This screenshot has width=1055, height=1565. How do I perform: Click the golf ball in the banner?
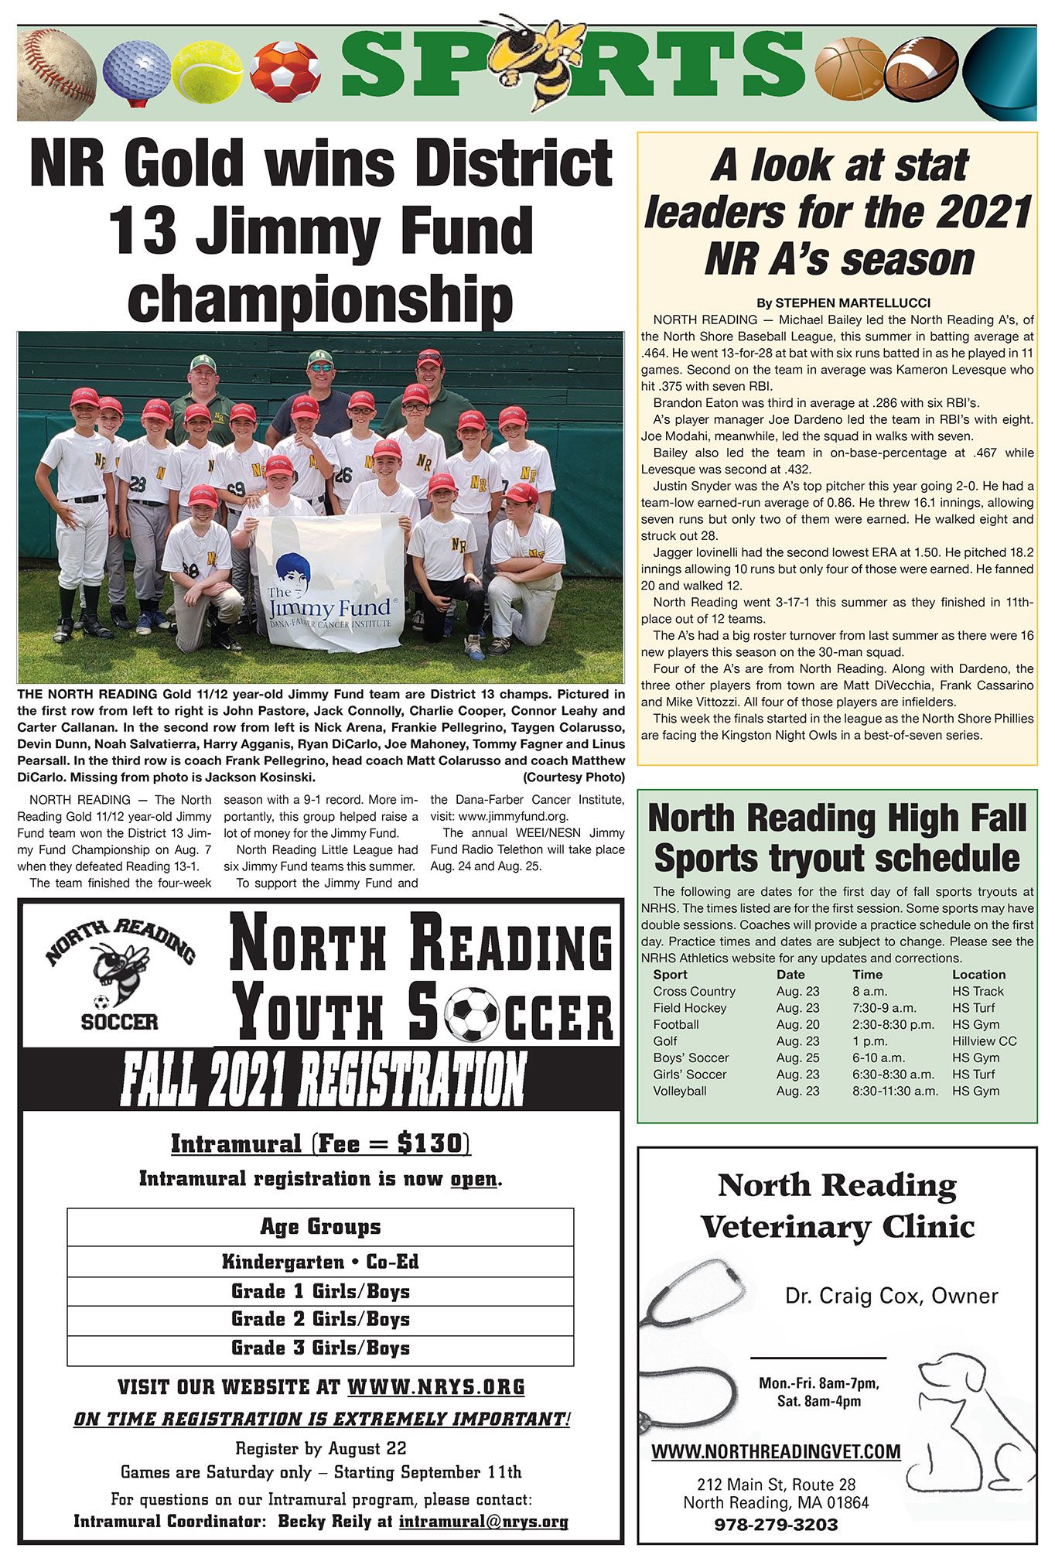136,70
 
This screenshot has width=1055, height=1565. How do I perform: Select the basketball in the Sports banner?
847,73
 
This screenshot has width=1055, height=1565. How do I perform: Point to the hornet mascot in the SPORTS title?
541,60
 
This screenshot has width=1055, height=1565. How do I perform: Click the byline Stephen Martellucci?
843,302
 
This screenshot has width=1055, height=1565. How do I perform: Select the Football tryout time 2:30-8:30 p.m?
893,1024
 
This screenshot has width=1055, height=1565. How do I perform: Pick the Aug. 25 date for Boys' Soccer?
797,1058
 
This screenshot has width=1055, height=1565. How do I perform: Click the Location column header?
978,975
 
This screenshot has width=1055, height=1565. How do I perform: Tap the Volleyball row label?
679,1091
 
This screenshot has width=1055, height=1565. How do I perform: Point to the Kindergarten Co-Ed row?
320,1263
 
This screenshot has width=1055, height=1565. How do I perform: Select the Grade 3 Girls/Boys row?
320,1348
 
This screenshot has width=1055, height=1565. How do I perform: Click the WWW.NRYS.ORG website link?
436,1386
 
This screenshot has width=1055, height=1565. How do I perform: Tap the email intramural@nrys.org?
483,1522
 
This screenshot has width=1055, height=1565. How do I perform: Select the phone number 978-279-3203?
776,1524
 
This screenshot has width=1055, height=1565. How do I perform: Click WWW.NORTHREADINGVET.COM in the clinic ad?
776,1451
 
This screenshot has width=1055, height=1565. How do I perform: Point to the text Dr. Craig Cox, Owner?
891,1295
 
